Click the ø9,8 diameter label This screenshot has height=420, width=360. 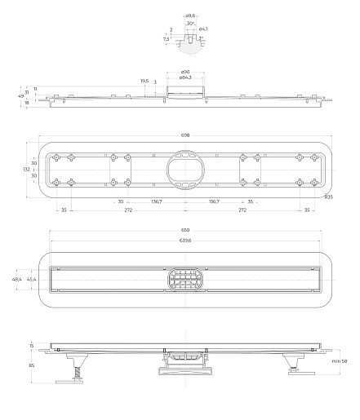190,16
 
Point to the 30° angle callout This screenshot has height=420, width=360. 190,24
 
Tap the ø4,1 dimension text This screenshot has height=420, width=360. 203,29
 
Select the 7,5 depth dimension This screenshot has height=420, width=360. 166,39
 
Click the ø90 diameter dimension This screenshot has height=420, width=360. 185,72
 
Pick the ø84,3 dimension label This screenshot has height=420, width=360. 185,77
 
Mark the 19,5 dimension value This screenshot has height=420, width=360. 144,81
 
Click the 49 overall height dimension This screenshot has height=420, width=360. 20,96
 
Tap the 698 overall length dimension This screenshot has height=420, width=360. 185,135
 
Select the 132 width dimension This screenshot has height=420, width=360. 26,169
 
